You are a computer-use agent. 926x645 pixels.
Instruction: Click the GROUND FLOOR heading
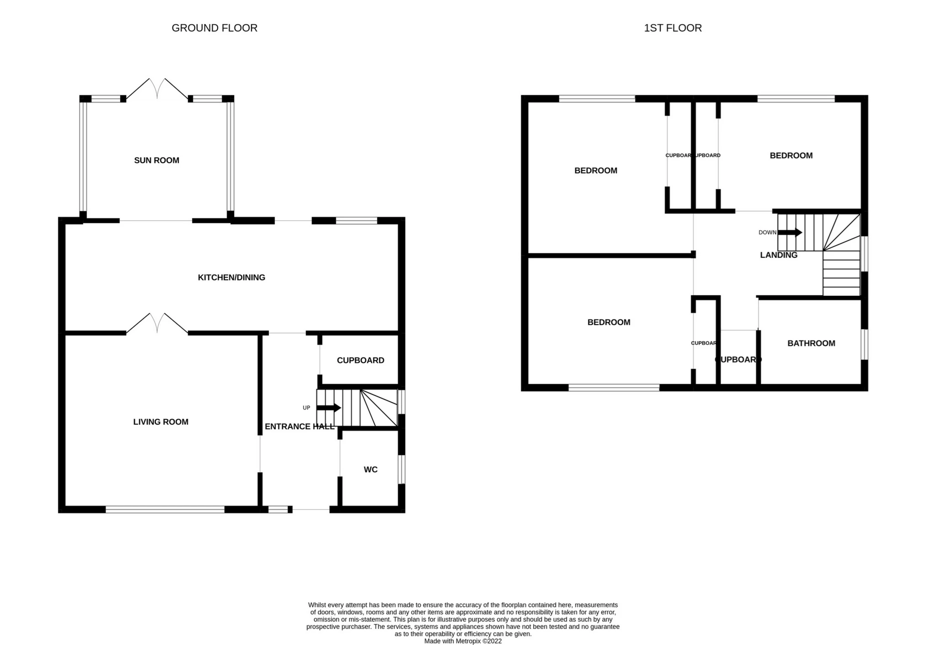(x=214, y=28)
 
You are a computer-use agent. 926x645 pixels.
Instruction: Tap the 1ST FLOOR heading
(x=673, y=28)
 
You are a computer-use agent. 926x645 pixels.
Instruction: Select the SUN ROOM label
(x=156, y=160)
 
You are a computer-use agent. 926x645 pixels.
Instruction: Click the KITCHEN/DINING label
(x=231, y=277)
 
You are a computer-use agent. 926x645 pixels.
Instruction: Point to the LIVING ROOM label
(x=161, y=422)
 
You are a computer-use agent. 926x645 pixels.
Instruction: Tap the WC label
(x=370, y=469)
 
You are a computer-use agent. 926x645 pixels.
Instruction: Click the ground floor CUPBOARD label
(x=360, y=360)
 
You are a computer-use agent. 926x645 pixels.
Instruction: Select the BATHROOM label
(x=811, y=343)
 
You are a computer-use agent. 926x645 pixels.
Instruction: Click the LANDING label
(x=779, y=255)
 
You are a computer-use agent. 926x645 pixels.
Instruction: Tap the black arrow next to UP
(x=329, y=408)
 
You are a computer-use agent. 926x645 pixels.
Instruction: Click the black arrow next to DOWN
(x=790, y=232)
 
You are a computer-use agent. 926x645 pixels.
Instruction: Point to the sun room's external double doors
(x=157, y=89)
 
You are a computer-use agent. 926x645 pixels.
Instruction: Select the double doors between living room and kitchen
(x=157, y=323)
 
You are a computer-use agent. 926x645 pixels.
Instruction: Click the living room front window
(x=165, y=509)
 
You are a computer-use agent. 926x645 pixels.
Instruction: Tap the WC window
(x=401, y=469)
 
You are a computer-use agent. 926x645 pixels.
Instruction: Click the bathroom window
(x=864, y=344)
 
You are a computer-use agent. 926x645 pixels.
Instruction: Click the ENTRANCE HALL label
(x=300, y=426)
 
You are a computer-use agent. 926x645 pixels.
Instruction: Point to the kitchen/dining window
(x=356, y=221)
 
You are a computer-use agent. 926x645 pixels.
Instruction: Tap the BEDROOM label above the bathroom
(x=791, y=155)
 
